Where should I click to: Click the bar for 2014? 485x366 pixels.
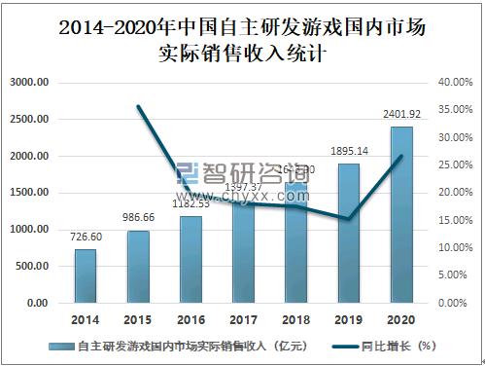click(86, 276)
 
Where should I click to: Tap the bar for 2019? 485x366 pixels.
click(348, 234)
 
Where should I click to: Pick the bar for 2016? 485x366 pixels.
click(191, 260)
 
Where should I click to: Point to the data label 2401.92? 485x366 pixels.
click(400, 115)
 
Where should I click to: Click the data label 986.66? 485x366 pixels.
click(138, 219)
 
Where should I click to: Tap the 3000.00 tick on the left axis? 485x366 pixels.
click(30, 83)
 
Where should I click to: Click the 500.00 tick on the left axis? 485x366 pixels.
click(33, 267)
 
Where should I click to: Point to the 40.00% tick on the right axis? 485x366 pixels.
click(456, 83)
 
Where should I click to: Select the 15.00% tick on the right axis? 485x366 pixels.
click(456, 221)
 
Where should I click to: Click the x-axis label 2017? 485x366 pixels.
click(243, 319)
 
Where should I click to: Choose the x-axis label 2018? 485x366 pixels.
click(295, 319)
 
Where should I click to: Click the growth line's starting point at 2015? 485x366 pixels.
click(138, 106)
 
